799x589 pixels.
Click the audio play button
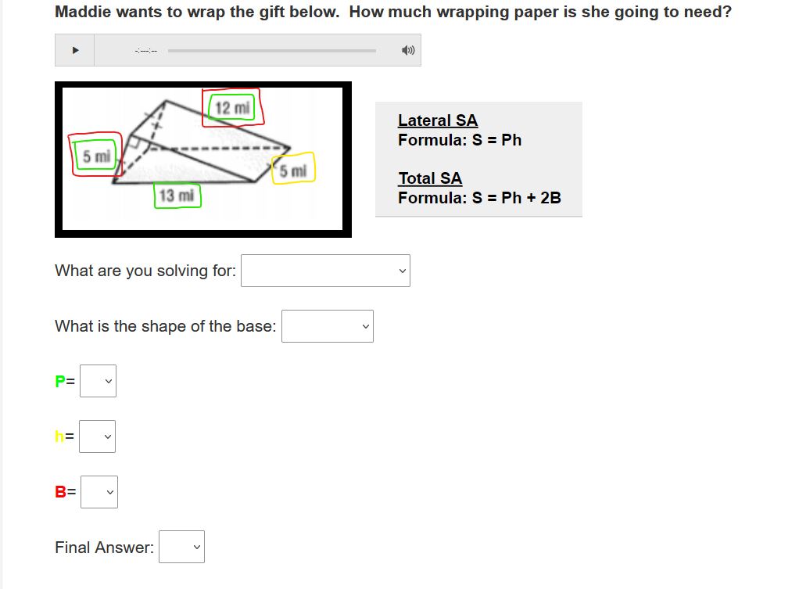75,50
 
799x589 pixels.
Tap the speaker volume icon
408,50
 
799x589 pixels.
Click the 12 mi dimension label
232,108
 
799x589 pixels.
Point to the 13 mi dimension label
177,196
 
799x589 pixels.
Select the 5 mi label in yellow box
293,171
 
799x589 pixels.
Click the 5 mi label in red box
96,156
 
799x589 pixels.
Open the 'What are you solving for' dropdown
325,271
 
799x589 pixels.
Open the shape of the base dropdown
328,326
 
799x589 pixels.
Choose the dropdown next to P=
99,381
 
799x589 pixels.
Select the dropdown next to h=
97,436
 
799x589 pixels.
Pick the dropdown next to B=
99,492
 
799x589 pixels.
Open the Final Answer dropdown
182,548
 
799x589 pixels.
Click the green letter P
59,382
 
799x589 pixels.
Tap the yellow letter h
59,436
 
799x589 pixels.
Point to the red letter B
60,492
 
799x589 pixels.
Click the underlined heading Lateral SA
438,120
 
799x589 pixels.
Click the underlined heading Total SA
430,178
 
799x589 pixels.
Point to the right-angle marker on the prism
136,142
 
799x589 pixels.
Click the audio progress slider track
272,51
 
